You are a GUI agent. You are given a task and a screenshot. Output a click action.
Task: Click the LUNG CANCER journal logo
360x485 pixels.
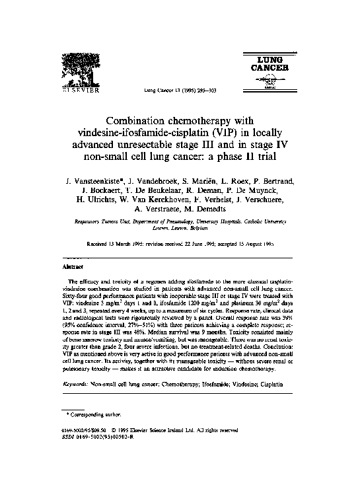point(268,71)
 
